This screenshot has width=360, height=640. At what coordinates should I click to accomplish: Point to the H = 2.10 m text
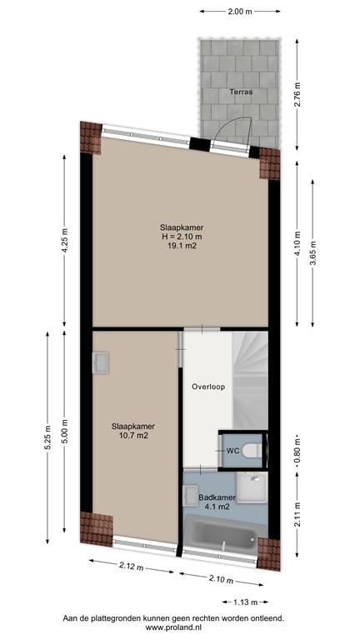182,237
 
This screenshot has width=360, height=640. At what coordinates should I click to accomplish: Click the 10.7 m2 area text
133,435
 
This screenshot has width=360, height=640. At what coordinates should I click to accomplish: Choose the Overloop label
207,387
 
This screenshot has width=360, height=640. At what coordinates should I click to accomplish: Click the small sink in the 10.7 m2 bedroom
102,362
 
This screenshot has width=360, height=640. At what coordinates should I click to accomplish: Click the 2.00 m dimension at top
239,12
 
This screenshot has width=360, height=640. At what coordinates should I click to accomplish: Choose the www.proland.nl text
180,628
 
